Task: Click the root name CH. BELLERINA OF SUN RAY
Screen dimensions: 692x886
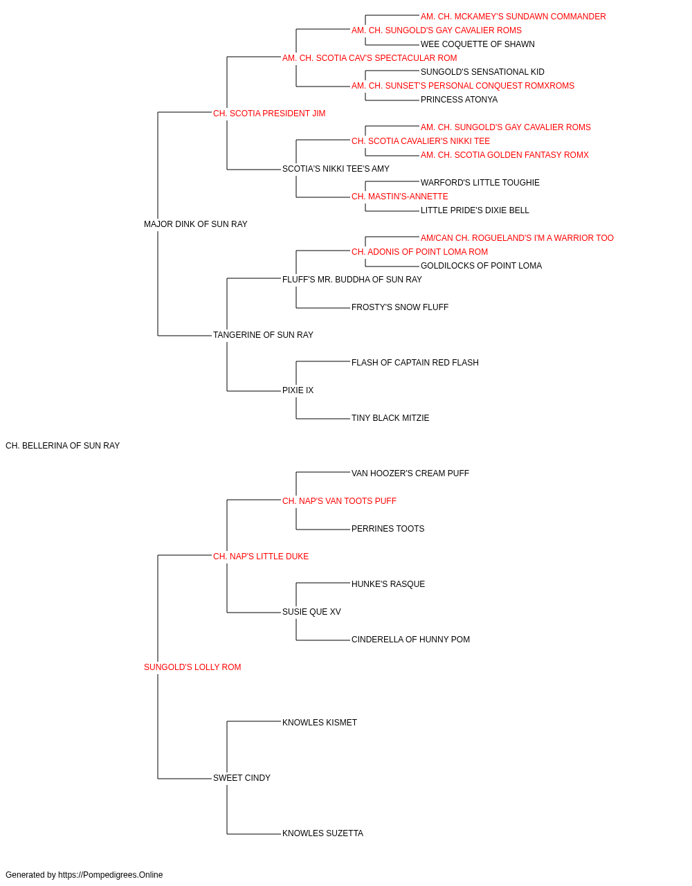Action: tap(62, 446)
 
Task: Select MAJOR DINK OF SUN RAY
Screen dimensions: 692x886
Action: tap(196, 224)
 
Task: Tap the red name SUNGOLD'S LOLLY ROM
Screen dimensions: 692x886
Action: tap(192, 667)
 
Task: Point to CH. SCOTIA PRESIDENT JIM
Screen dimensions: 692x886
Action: tap(269, 114)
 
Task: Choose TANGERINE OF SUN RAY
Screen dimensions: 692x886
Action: tap(263, 335)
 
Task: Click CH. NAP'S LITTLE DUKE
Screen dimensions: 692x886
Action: tap(261, 557)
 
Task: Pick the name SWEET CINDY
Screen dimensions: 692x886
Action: tap(242, 778)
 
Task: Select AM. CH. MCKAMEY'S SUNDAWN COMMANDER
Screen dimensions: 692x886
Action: tap(513, 17)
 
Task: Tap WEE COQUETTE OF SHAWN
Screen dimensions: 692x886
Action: tap(477, 44)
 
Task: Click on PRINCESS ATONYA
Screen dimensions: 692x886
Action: tap(459, 100)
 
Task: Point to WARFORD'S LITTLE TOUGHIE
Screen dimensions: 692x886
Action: tap(480, 183)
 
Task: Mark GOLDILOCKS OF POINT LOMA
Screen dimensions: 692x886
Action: tap(482, 266)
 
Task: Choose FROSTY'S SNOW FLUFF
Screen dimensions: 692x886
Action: tap(400, 307)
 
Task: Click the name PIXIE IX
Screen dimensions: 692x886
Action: tap(298, 390)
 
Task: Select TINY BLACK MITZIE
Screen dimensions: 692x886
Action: tap(390, 418)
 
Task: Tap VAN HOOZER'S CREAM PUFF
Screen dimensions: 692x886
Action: tap(410, 473)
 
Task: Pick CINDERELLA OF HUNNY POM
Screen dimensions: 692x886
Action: tap(411, 640)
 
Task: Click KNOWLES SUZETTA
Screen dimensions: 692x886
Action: tap(322, 833)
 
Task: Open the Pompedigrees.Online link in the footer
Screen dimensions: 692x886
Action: tap(111, 875)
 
